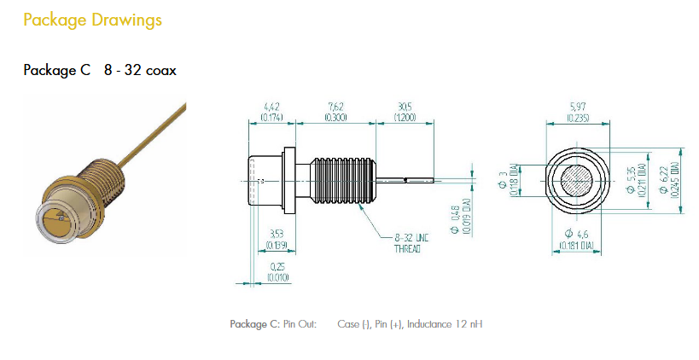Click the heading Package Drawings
(91, 19)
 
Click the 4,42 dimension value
(271, 107)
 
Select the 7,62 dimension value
(335, 107)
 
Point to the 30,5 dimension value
(405, 107)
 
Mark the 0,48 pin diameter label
(457, 220)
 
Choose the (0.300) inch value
(335, 117)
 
